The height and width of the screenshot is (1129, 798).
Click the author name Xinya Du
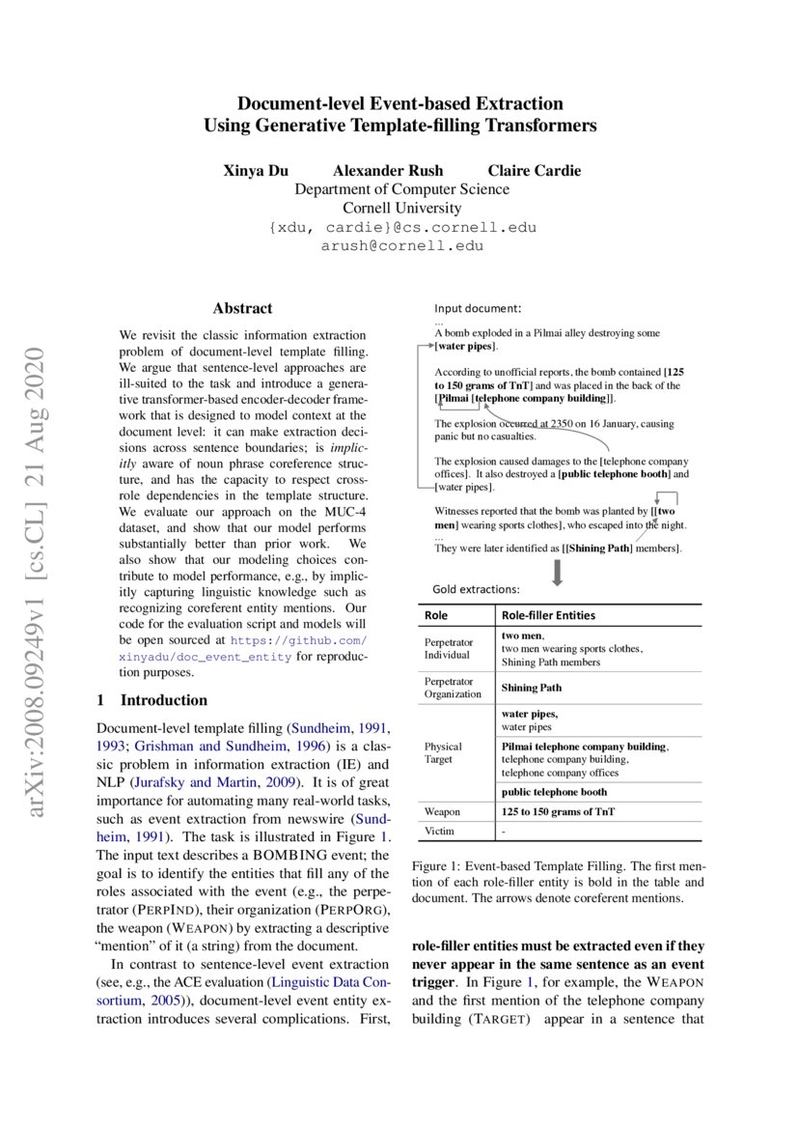pos(256,171)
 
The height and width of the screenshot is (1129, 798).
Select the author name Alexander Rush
pos(388,171)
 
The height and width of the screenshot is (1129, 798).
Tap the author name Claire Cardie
pos(534,171)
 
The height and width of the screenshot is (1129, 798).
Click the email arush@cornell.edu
pos(401,245)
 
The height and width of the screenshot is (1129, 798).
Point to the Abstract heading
pos(242,308)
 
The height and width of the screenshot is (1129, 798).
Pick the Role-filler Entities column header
pos(547,615)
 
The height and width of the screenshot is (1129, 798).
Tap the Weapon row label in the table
pos(442,811)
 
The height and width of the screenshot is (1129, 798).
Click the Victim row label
pos(439,831)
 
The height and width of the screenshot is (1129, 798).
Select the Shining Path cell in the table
pos(531,688)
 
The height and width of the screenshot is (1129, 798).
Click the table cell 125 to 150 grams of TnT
pos(558,811)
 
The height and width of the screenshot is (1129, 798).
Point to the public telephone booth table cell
pos(554,792)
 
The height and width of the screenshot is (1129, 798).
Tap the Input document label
pos(477,309)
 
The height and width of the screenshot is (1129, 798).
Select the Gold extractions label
pos(476,588)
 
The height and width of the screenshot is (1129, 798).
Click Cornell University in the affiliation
pos(401,208)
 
